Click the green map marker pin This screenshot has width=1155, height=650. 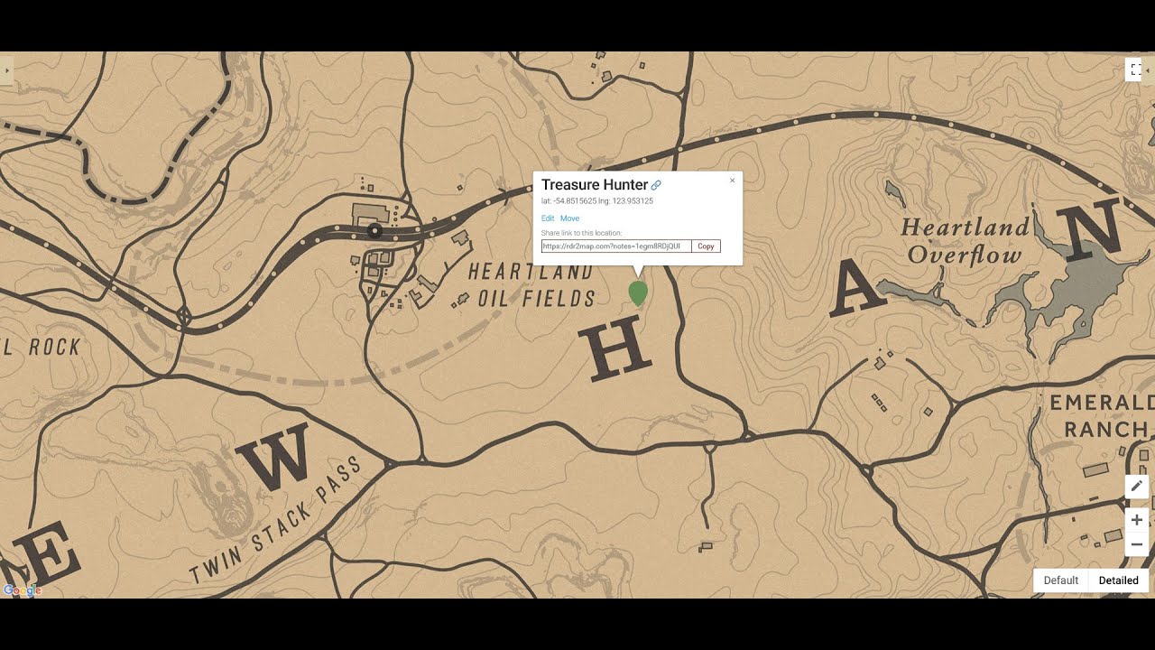point(637,292)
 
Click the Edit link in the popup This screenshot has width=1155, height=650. point(548,218)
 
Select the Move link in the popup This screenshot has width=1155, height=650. point(569,218)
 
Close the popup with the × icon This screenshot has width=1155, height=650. point(732,181)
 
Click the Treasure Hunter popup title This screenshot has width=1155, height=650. point(595,185)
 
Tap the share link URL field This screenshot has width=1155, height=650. point(616,246)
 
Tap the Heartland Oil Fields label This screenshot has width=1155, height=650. point(532,284)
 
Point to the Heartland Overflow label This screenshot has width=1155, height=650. point(965,240)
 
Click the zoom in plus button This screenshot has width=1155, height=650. point(1136,520)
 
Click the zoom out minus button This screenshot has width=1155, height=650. point(1136,544)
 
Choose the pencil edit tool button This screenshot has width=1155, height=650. point(1136,487)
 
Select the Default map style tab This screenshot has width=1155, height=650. point(1061,580)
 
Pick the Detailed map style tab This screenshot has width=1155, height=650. point(1118,580)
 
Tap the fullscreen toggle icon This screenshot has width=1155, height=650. point(1135,70)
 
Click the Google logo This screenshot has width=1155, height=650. point(23,590)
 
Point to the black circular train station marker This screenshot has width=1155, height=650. point(374,232)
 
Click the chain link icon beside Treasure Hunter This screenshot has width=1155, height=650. point(656,185)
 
